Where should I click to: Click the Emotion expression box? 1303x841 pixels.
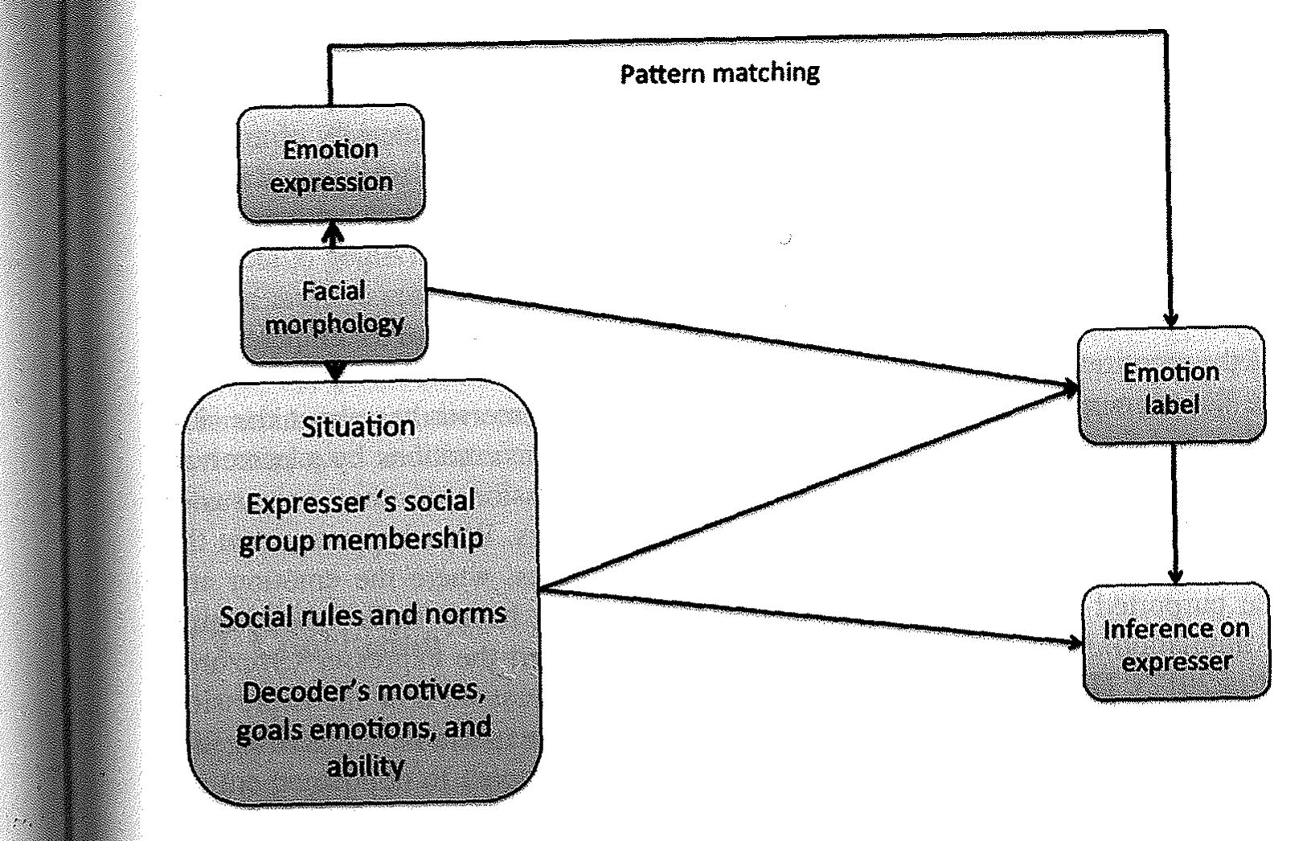click(x=330, y=165)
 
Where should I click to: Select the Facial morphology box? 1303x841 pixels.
click(x=334, y=306)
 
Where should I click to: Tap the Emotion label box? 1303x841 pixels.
click(x=1170, y=387)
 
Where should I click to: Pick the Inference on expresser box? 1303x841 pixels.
click(x=1176, y=644)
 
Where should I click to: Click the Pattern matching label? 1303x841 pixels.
click(x=719, y=73)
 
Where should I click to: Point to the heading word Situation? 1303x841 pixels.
click(x=359, y=426)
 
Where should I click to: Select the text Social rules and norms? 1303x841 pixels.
click(x=363, y=616)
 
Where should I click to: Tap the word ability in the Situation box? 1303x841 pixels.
click(x=364, y=765)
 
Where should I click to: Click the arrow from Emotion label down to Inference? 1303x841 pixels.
click(x=1174, y=515)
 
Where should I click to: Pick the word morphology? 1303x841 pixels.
click(x=334, y=324)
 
